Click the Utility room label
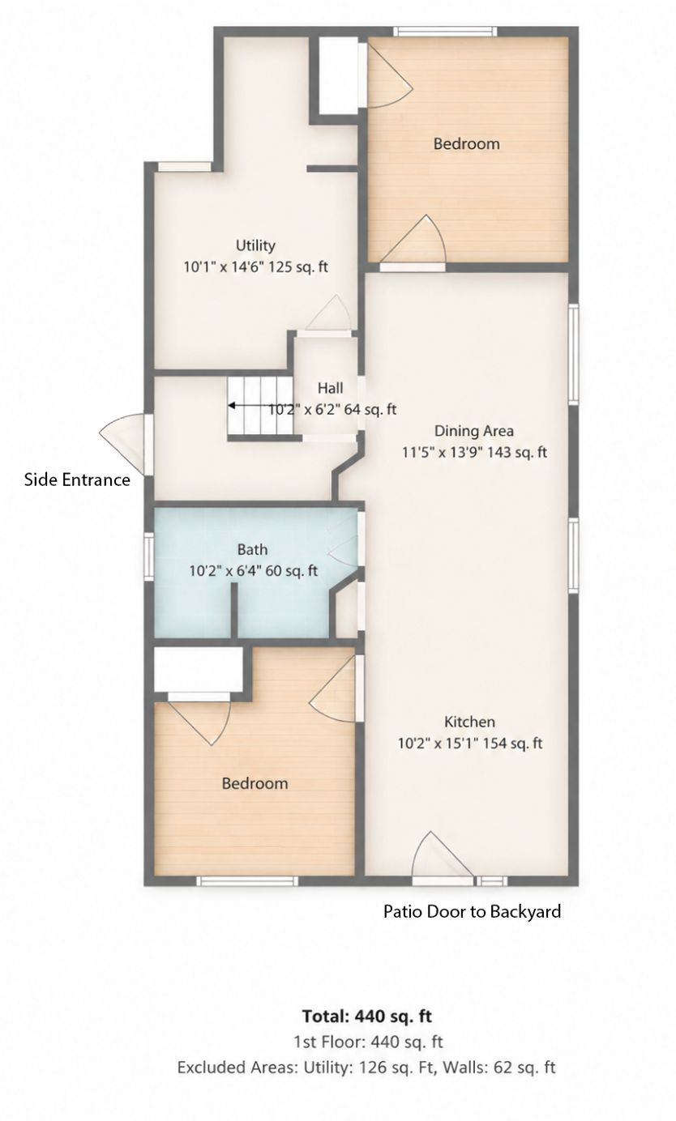point(255,245)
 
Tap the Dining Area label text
point(473,431)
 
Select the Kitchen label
point(469,722)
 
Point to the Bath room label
point(252,549)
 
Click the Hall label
point(331,388)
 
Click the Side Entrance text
point(77,480)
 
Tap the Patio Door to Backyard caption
point(472,911)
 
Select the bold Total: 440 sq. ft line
point(367,1017)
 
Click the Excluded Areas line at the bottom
point(366,1068)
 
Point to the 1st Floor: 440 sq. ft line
point(368,1042)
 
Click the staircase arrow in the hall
point(259,405)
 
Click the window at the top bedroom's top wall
point(445,32)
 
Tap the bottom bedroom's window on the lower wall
point(247,881)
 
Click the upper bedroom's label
point(466,143)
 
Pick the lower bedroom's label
point(255,783)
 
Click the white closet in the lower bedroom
point(199,670)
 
